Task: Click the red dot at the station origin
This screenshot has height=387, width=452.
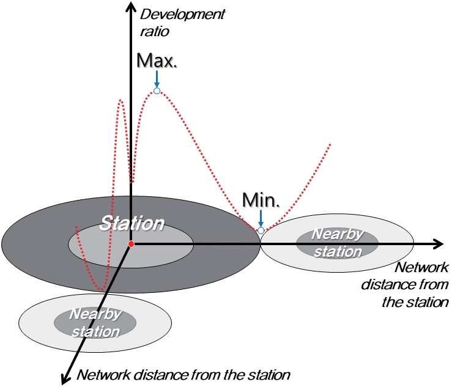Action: (131, 245)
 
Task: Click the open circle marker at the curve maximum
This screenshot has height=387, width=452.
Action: (157, 91)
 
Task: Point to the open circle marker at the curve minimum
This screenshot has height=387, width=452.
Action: (261, 230)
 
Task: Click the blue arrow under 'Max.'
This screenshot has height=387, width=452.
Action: (157, 79)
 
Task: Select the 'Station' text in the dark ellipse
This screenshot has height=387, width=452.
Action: (133, 223)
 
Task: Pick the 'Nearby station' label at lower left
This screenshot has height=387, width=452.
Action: (94, 323)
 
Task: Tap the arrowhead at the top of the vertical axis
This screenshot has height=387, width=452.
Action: (130, 6)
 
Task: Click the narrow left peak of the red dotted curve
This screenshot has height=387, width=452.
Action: (122, 100)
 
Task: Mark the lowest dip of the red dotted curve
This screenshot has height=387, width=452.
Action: (102, 288)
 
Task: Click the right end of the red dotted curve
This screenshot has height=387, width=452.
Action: (330, 144)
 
